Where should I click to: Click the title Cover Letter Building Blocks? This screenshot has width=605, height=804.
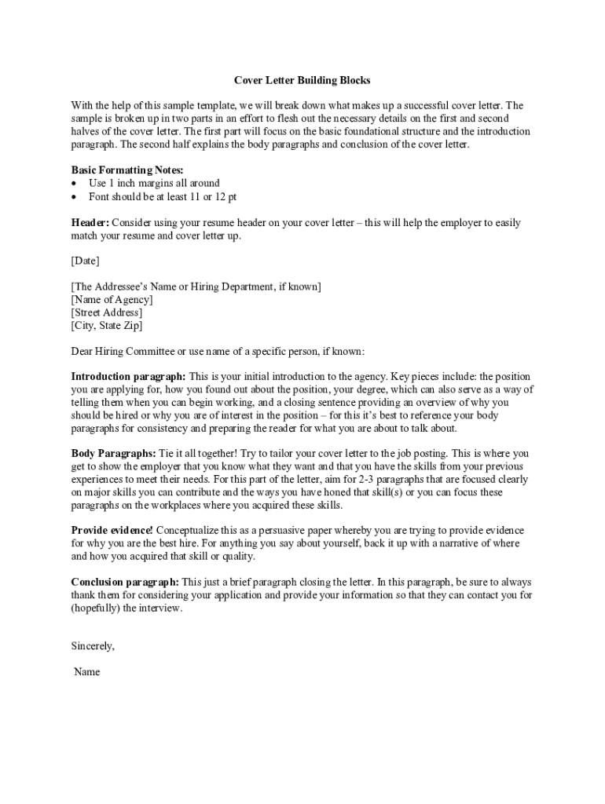click(302, 80)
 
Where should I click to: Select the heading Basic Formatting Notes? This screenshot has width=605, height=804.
click(127, 170)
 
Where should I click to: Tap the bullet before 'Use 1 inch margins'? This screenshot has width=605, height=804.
click(75, 184)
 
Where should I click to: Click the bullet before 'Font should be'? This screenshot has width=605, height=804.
click(75, 197)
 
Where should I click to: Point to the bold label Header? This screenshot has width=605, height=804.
click(90, 223)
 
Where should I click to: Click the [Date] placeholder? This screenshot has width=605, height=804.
click(85, 261)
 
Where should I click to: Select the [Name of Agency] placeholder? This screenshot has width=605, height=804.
click(112, 299)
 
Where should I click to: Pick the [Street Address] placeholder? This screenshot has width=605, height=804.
click(107, 312)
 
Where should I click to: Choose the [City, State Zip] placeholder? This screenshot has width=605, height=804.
click(107, 325)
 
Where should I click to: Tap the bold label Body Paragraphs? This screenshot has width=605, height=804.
click(113, 454)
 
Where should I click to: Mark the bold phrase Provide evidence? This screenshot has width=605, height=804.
click(112, 531)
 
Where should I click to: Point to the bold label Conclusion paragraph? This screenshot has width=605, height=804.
click(125, 583)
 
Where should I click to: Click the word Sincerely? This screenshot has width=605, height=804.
click(93, 646)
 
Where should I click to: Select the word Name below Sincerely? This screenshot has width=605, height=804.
click(86, 672)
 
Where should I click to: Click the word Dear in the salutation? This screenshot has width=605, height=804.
click(82, 351)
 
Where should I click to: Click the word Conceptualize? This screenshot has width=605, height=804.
click(192, 531)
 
